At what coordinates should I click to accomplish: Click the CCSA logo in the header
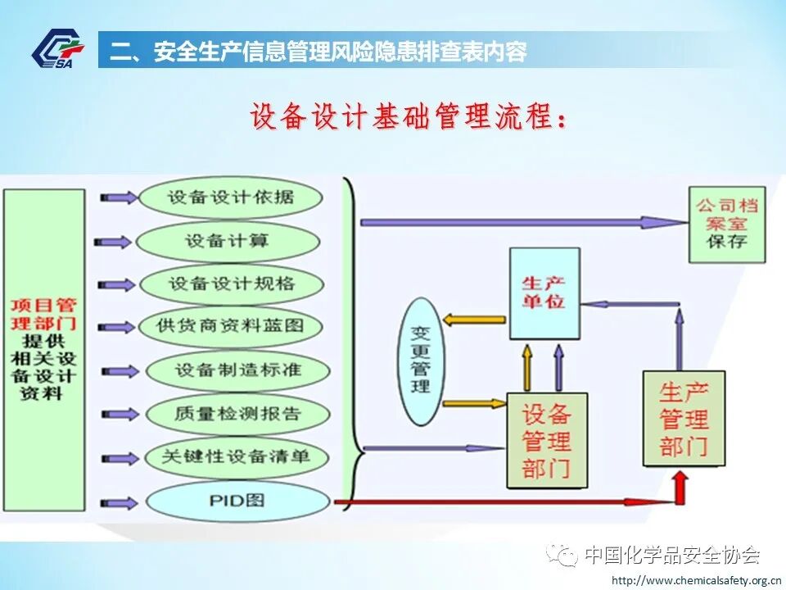57,50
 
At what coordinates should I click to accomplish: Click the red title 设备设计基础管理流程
409,117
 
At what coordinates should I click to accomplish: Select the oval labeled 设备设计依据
230,197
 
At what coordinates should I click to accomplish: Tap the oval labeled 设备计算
227,241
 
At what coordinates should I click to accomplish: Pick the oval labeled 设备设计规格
231,284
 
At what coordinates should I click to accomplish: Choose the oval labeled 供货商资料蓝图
230,326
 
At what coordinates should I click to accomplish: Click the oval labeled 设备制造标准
237,370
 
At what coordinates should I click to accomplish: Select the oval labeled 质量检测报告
237,413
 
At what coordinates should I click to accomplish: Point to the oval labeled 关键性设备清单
237,456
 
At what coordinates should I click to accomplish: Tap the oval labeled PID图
237,499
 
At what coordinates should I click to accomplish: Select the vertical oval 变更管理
422,361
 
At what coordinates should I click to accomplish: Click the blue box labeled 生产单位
544,293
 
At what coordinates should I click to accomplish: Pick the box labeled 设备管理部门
546,440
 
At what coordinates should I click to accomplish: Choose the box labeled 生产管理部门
684,419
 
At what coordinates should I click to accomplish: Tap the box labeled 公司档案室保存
727,223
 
